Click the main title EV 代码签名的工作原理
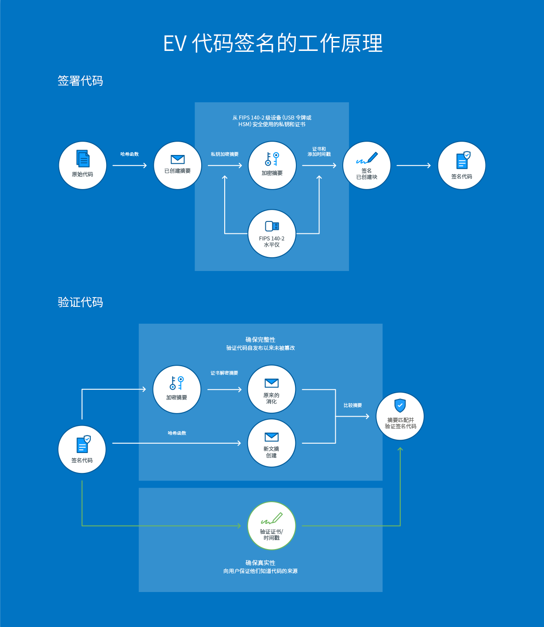click(x=272, y=43)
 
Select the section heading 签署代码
click(x=80, y=81)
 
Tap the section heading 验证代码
click(x=80, y=302)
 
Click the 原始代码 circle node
click(x=83, y=166)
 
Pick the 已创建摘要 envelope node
click(x=177, y=166)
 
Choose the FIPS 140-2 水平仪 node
click(x=272, y=233)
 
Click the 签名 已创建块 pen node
click(x=367, y=166)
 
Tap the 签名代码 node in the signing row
click(x=461, y=166)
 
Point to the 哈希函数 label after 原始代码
click(x=130, y=154)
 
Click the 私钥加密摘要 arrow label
click(x=225, y=154)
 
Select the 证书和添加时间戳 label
click(x=319, y=151)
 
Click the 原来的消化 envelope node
click(x=271, y=389)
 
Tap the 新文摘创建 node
click(x=271, y=443)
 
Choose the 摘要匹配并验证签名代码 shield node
click(x=400, y=416)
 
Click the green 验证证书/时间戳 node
click(x=271, y=526)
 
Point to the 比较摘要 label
click(x=352, y=405)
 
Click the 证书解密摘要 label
click(x=224, y=373)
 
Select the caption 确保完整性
click(x=261, y=340)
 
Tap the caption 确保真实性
click(x=261, y=563)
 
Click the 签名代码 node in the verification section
click(x=82, y=449)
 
